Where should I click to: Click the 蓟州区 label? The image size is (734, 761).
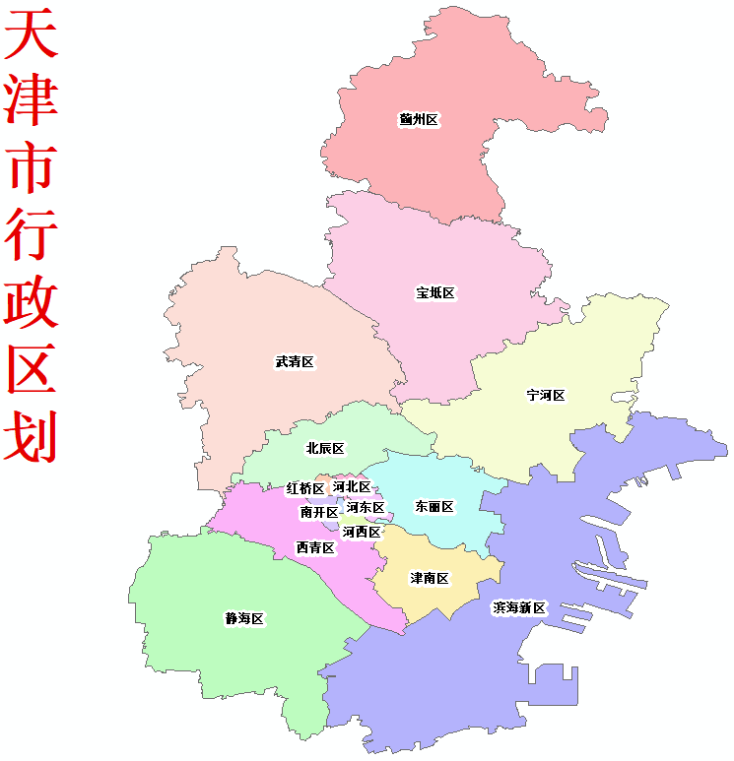[419, 119]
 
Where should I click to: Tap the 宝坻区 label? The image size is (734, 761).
[434, 293]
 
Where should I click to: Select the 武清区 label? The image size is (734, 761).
[295, 362]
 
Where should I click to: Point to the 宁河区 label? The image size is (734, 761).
[546, 396]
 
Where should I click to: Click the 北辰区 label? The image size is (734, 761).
[325, 449]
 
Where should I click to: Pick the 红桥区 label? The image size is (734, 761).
[305, 489]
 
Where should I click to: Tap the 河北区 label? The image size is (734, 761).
[352, 486]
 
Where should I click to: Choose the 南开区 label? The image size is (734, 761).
[319, 512]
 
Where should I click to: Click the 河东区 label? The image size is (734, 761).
[366, 508]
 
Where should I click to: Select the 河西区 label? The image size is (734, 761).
[362, 532]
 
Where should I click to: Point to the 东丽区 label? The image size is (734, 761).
[434, 507]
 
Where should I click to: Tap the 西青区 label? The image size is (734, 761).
[315, 547]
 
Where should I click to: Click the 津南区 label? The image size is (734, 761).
[430, 579]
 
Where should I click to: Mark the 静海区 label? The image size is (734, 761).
[244, 619]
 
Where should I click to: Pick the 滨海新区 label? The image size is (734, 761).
[519, 608]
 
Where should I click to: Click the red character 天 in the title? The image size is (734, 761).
[31, 37]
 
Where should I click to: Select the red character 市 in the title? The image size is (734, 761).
[31, 165]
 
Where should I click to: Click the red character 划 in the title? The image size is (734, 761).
[31, 436]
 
